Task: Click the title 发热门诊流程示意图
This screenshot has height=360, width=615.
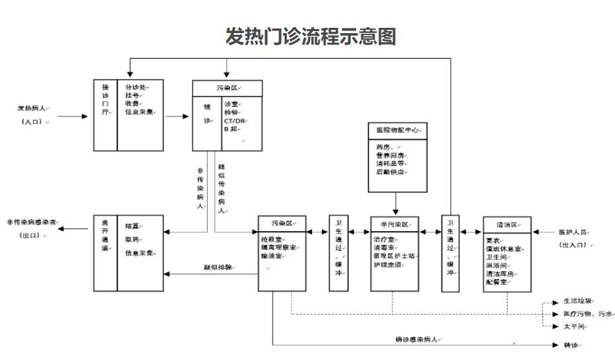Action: (x=310, y=36)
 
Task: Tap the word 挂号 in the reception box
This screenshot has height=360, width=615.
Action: (x=132, y=95)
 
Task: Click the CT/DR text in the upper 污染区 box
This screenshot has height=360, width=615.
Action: (x=234, y=120)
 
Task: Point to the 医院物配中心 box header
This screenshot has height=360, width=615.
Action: (x=397, y=130)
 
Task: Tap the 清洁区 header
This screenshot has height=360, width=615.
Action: (x=506, y=223)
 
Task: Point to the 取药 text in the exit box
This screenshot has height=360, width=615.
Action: (x=132, y=239)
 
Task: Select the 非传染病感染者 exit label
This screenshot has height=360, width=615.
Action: (x=31, y=222)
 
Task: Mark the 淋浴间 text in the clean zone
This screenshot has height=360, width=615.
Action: (x=496, y=265)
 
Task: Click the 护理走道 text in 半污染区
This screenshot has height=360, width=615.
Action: (x=387, y=265)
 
